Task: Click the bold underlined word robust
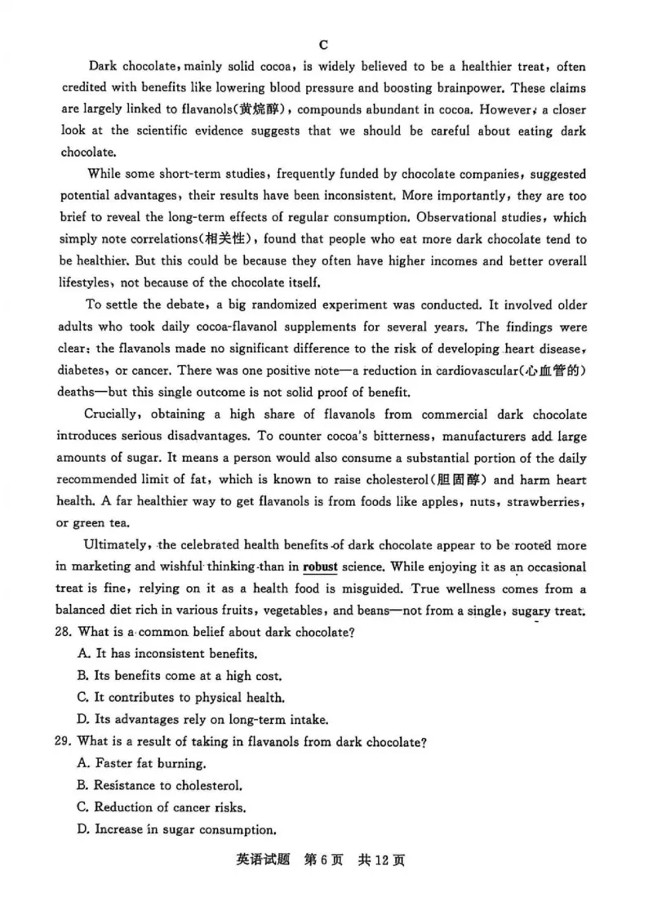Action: (320, 567)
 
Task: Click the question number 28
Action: (69, 632)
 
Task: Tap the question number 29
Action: (69, 742)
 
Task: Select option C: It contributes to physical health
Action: (180, 698)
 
